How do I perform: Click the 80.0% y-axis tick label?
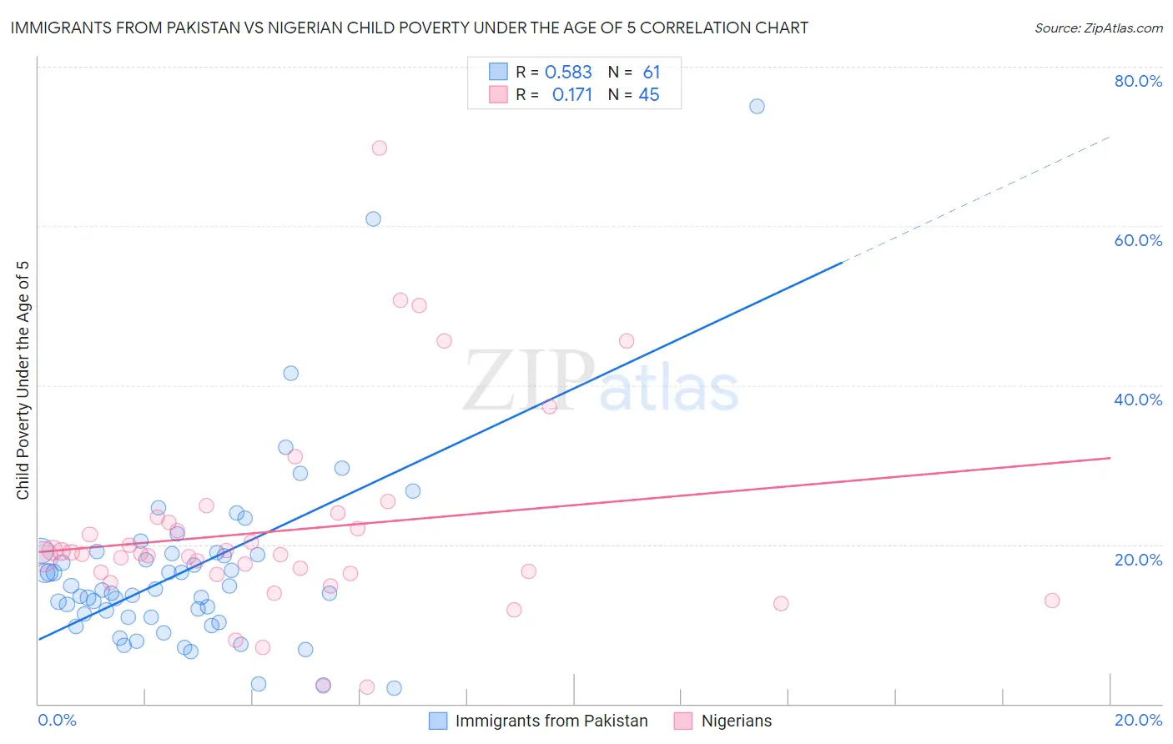click(x=1138, y=81)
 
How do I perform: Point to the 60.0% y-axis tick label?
click(x=1138, y=240)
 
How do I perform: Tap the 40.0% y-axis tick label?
click(x=1138, y=400)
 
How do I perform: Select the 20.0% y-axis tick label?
click(x=1138, y=560)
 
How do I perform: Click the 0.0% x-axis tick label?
click(x=57, y=720)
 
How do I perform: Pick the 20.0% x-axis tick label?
click(x=1138, y=720)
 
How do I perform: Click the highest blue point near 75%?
click(x=757, y=106)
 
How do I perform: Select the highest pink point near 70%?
click(x=379, y=148)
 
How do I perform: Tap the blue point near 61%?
click(x=373, y=219)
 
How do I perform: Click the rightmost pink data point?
click(x=1052, y=601)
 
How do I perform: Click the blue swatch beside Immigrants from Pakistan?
click(x=438, y=721)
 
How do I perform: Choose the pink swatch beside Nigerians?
click(x=683, y=721)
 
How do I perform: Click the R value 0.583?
click(x=568, y=73)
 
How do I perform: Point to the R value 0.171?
click(x=571, y=95)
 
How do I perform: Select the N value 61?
click(x=652, y=73)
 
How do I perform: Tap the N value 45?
click(x=649, y=95)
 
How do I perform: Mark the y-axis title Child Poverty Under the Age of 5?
click(x=23, y=380)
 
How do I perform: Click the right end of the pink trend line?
click(x=1110, y=458)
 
